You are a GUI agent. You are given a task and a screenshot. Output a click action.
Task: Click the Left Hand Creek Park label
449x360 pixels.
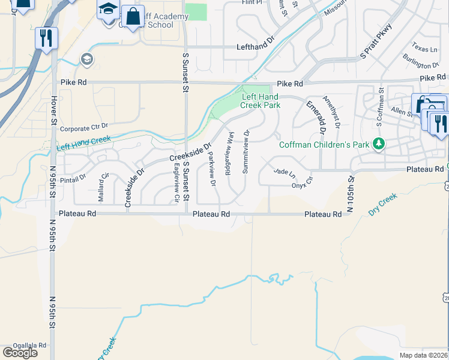coord(261,100)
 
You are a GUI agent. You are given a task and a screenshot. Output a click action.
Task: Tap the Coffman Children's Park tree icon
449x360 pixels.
coord(378,144)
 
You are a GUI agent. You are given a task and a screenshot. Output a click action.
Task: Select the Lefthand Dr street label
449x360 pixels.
coord(255,46)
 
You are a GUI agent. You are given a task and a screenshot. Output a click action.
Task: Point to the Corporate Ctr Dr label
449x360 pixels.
coord(83,127)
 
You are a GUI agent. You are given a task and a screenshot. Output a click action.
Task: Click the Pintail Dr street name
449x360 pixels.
coord(74,178)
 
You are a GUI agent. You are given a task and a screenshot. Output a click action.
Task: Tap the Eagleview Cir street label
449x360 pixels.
coord(176,182)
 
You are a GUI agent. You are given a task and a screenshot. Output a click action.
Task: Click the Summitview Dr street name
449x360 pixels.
coord(246,151)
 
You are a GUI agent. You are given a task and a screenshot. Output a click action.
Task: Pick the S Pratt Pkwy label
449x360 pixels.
coord(376,41)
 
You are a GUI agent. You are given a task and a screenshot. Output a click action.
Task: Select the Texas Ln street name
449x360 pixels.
coord(424,47)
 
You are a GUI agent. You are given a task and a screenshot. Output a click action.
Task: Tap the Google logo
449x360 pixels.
coord(19,353)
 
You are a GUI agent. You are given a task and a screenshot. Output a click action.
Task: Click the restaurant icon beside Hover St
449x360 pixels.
coord(46,38)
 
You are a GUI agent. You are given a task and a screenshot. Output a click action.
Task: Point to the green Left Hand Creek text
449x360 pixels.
coord(84,143)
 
